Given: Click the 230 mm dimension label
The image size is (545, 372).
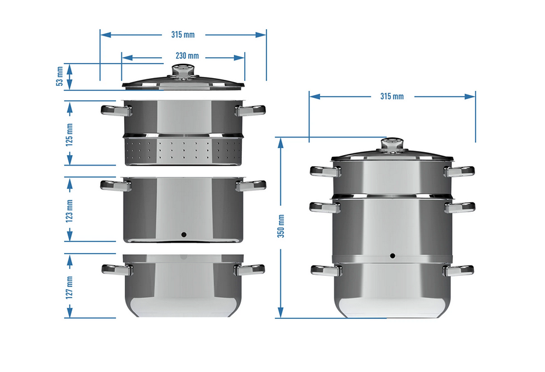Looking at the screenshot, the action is coord(187,56).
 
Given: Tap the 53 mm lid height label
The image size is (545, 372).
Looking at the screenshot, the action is coord(59,76).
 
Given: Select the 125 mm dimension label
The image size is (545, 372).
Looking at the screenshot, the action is coord(69,135).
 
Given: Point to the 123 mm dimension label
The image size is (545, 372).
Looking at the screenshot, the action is coord(69,211).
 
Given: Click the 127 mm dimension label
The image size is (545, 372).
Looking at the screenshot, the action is coord(69,287).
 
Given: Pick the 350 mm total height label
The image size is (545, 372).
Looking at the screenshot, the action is coord(281,226).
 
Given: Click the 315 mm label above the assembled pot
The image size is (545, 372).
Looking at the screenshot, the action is coord(392,96).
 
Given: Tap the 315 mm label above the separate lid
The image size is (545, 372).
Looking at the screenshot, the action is coord(183,35).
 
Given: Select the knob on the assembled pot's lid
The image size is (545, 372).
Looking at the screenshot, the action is coord(392,145).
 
